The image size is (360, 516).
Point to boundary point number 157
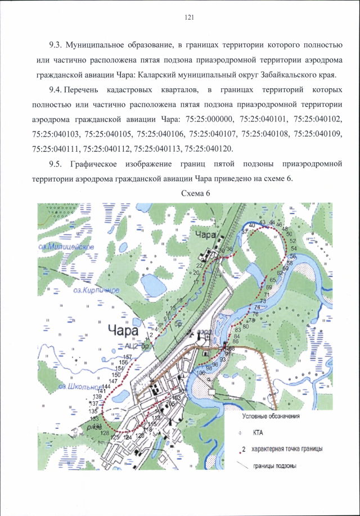(127, 357)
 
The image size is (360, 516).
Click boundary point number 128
(104, 433)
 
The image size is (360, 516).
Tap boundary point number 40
(251, 225)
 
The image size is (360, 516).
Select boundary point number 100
(200, 373)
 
